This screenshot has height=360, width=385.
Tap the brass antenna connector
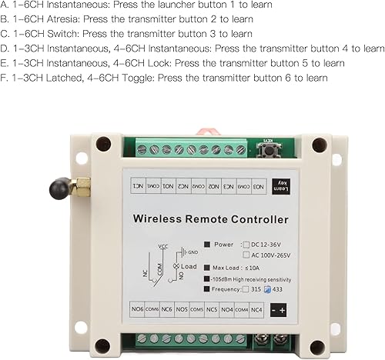[x=79, y=185]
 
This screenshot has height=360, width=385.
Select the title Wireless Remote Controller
[x=211, y=220]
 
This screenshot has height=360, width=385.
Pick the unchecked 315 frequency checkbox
[x=246, y=290]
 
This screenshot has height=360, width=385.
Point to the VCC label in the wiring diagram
[x=162, y=246]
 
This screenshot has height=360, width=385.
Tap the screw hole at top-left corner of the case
[x=102, y=144]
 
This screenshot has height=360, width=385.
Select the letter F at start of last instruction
[x=4, y=78]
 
